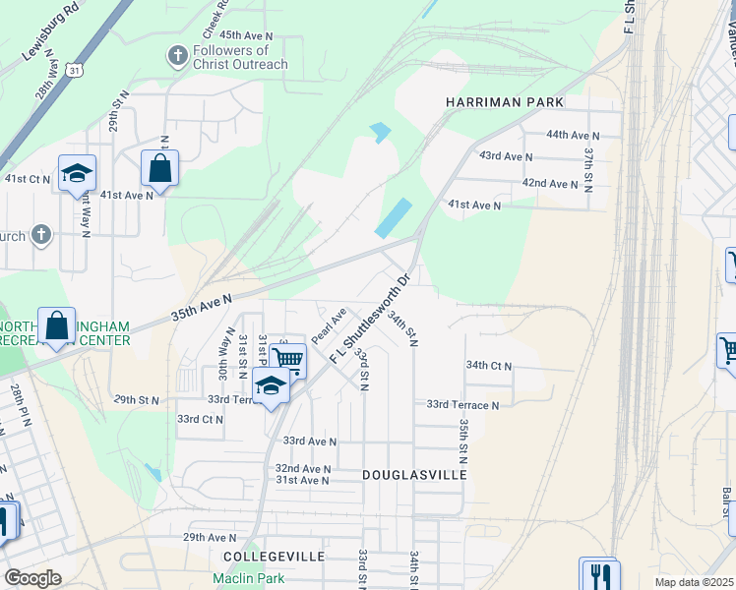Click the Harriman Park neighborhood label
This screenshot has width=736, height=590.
(x=505, y=102)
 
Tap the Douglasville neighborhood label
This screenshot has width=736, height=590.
(x=413, y=474)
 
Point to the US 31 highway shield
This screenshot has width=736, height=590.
(x=74, y=68)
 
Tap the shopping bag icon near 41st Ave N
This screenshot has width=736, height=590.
(x=159, y=169)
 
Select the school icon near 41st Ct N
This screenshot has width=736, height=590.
(x=77, y=174)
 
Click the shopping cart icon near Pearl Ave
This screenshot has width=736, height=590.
(x=287, y=361)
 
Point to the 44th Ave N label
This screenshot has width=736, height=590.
(x=574, y=135)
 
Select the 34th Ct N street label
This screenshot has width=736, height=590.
(x=490, y=366)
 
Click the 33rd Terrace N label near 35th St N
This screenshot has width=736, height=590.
(x=462, y=404)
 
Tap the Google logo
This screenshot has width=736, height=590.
(x=32, y=578)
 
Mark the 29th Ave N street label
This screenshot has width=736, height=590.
(x=210, y=538)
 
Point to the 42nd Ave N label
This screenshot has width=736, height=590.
(x=550, y=184)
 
